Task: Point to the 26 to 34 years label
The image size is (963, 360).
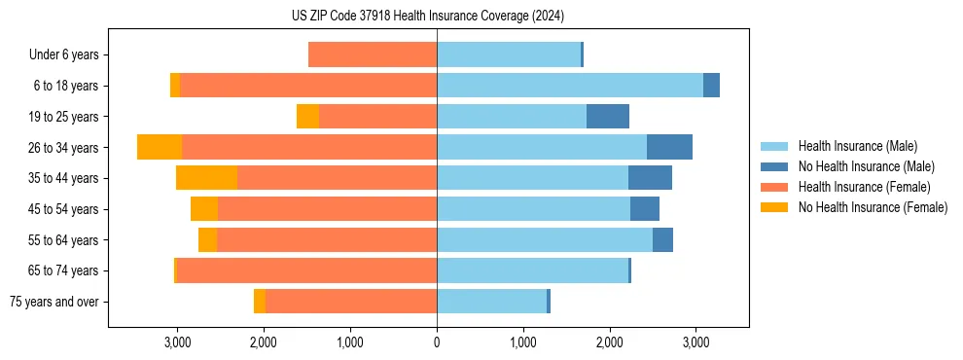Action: click(x=64, y=148)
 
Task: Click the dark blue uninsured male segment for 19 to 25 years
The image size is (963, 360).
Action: click(x=608, y=117)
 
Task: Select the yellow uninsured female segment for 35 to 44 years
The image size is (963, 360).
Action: click(x=206, y=178)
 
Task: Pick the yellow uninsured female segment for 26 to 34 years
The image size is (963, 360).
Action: click(x=160, y=147)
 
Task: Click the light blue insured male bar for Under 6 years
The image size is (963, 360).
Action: click(x=509, y=55)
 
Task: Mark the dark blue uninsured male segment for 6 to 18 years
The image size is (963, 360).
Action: click(x=711, y=86)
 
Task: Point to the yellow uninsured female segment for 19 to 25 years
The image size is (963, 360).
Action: click(x=307, y=117)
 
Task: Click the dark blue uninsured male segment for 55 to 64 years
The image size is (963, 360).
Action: click(x=662, y=240)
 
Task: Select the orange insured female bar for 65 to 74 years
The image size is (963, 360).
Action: click(x=306, y=270)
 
